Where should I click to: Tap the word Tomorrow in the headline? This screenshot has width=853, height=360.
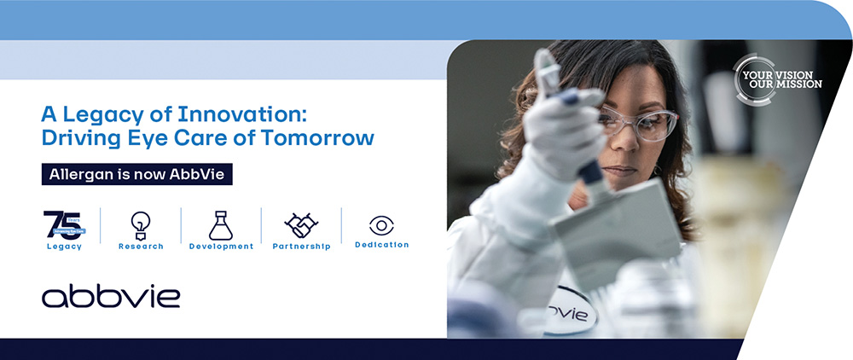(323, 136)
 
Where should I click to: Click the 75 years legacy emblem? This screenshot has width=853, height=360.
(64, 224)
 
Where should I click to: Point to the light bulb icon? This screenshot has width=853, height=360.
(141, 225)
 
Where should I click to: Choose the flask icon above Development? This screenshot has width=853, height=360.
(221, 225)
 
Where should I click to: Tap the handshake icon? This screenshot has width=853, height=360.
(301, 226)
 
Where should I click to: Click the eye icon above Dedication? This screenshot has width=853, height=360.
(381, 225)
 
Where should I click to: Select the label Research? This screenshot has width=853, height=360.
(141, 247)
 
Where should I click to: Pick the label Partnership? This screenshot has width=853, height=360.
(301, 247)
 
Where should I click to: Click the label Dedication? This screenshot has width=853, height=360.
(381, 245)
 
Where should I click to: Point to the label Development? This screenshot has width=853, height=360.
(221, 247)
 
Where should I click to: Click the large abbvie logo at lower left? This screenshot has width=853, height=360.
(111, 296)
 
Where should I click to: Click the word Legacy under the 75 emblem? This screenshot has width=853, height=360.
(64, 247)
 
